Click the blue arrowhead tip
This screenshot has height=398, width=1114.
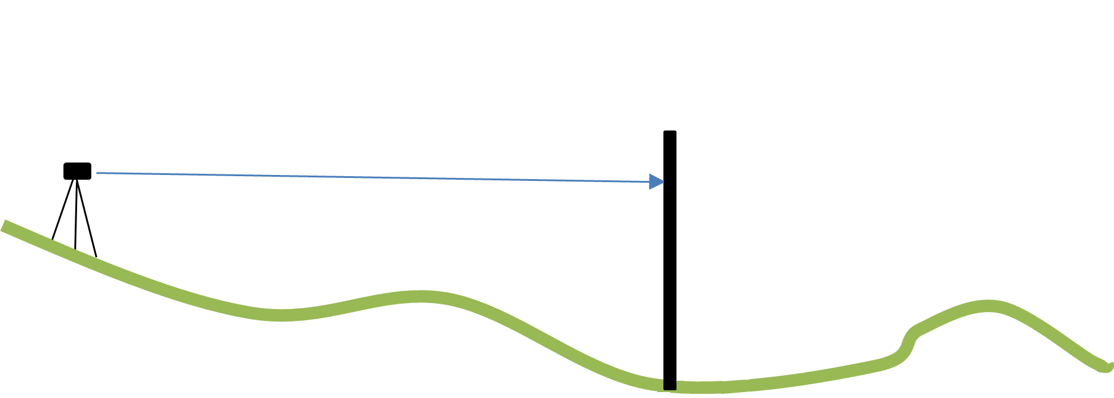coord(664,182)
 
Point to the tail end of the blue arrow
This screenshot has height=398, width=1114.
coord(97,173)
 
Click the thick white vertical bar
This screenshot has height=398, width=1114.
coord(687,267)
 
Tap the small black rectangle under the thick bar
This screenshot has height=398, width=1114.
coord(670,384)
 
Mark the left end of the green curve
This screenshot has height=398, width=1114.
coord(5,226)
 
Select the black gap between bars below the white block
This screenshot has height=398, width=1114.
coord(713,285)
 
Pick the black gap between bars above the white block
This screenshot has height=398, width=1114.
coord(713,148)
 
